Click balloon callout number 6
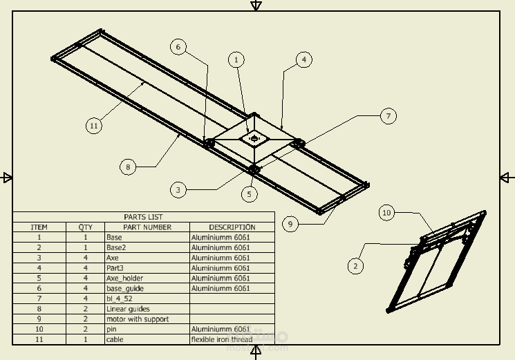[178, 47]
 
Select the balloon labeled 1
[236, 60]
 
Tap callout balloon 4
[303, 60]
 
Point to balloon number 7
[388, 116]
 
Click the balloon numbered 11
[94, 126]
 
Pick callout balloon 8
[127, 167]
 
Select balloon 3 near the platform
[178, 189]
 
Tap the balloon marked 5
[250, 194]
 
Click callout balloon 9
[291, 224]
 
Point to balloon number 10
[387, 213]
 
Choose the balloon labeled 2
[355, 265]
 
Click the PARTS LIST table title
[144, 217]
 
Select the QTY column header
[85, 227]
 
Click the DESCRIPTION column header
[232, 227]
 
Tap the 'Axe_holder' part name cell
[124, 278]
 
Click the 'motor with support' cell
[137, 319]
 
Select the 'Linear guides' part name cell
[128, 309]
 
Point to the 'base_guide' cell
[124, 288]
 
